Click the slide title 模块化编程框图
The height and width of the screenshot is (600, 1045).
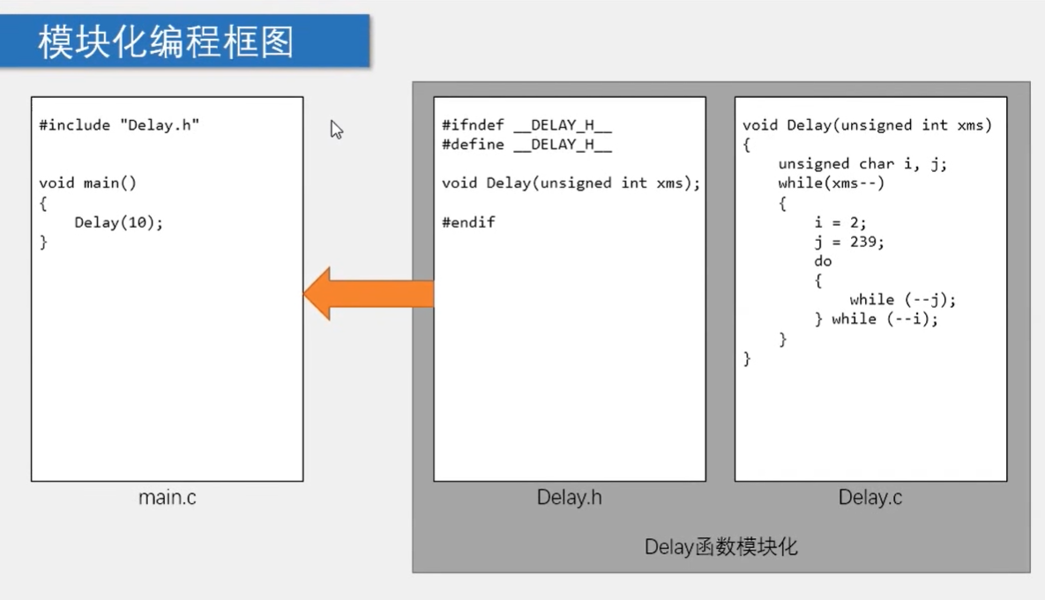pyautogui.click(x=166, y=41)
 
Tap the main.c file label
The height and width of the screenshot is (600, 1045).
pyautogui.click(x=168, y=498)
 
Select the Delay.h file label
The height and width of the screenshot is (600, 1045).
pyautogui.click(x=569, y=498)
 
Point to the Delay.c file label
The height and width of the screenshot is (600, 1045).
pyautogui.click(x=870, y=498)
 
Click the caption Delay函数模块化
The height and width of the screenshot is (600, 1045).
pyautogui.click(x=720, y=547)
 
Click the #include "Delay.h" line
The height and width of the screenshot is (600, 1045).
pyautogui.click(x=119, y=125)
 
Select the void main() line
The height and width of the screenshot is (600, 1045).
pyautogui.click(x=88, y=184)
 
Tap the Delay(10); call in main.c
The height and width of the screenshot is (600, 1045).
pyautogui.click(x=119, y=222)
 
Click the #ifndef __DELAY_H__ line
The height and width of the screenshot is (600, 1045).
pyautogui.click(x=526, y=125)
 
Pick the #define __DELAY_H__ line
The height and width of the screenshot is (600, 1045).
pyautogui.click(x=526, y=145)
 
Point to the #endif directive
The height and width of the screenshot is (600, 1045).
pyautogui.click(x=468, y=222)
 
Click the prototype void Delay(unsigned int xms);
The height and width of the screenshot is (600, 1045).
pyautogui.click(x=571, y=184)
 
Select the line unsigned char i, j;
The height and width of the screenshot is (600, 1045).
pyautogui.click(x=862, y=164)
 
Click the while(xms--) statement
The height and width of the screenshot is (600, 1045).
pyautogui.click(x=831, y=184)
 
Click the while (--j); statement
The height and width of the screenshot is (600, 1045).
pyautogui.click(x=902, y=300)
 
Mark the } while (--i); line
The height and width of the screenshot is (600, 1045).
pyautogui.click(x=876, y=319)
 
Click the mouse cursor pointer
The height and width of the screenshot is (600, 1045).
pyautogui.click(x=336, y=130)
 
